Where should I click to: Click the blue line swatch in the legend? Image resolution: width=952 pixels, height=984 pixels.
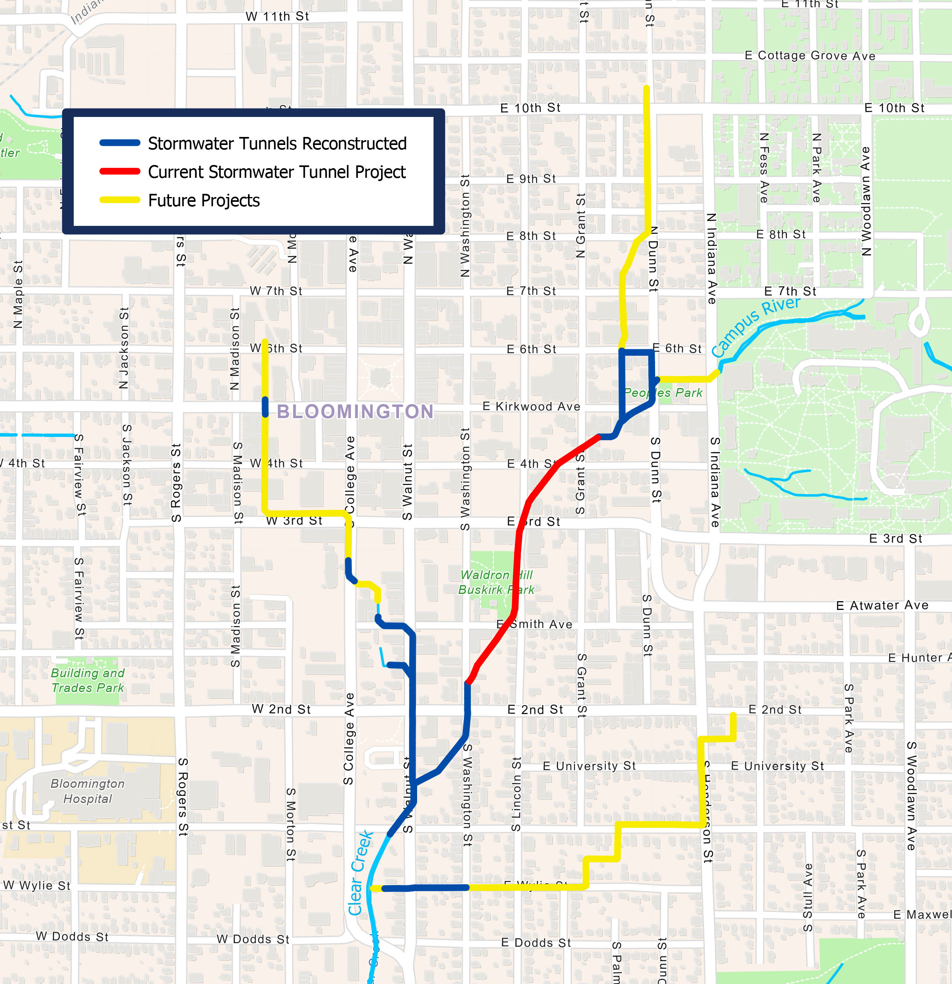pos(119,143)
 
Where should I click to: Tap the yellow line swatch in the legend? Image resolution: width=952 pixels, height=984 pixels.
pos(119,200)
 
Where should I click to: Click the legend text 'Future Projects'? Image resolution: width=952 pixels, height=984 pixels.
pos(204,201)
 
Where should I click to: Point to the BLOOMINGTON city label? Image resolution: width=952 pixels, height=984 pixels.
pos(355,412)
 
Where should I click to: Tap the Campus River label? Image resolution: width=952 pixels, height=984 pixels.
pos(755,326)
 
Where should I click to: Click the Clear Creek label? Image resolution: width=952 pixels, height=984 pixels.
pos(360,873)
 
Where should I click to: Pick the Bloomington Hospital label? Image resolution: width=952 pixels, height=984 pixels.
pos(87,791)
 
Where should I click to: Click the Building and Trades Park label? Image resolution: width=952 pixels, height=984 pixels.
pos(87,680)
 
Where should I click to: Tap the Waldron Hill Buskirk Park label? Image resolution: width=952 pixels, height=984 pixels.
pos(496,582)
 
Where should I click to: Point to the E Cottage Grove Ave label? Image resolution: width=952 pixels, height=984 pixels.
pos(809,56)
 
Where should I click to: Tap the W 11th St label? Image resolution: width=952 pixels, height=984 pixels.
pos(277,16)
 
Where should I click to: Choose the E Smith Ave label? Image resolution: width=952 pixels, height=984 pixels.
pos(534,624)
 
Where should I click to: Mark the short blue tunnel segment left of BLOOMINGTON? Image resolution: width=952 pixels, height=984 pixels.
pos(265,406)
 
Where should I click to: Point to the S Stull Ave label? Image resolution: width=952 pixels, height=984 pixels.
pos(807,897)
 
